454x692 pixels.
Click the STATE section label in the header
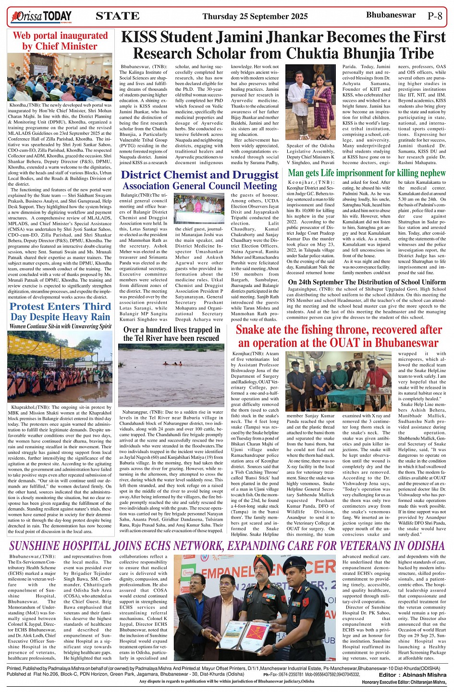click(x=118, y=16)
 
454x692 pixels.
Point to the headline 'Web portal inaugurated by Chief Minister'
click(x=61, y=41)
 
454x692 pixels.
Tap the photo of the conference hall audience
click(x=61, y=77)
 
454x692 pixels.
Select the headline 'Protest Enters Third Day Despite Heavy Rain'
click(x=61, y=311)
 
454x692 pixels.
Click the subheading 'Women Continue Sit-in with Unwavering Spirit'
click(x=61, y=326)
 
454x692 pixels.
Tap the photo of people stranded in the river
click(x=171, y=374)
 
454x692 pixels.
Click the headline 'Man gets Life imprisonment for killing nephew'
click(x=367, y=173)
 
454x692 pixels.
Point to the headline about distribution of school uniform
click(x=366, y=282)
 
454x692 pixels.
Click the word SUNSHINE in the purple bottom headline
click(x=42, y=546)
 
